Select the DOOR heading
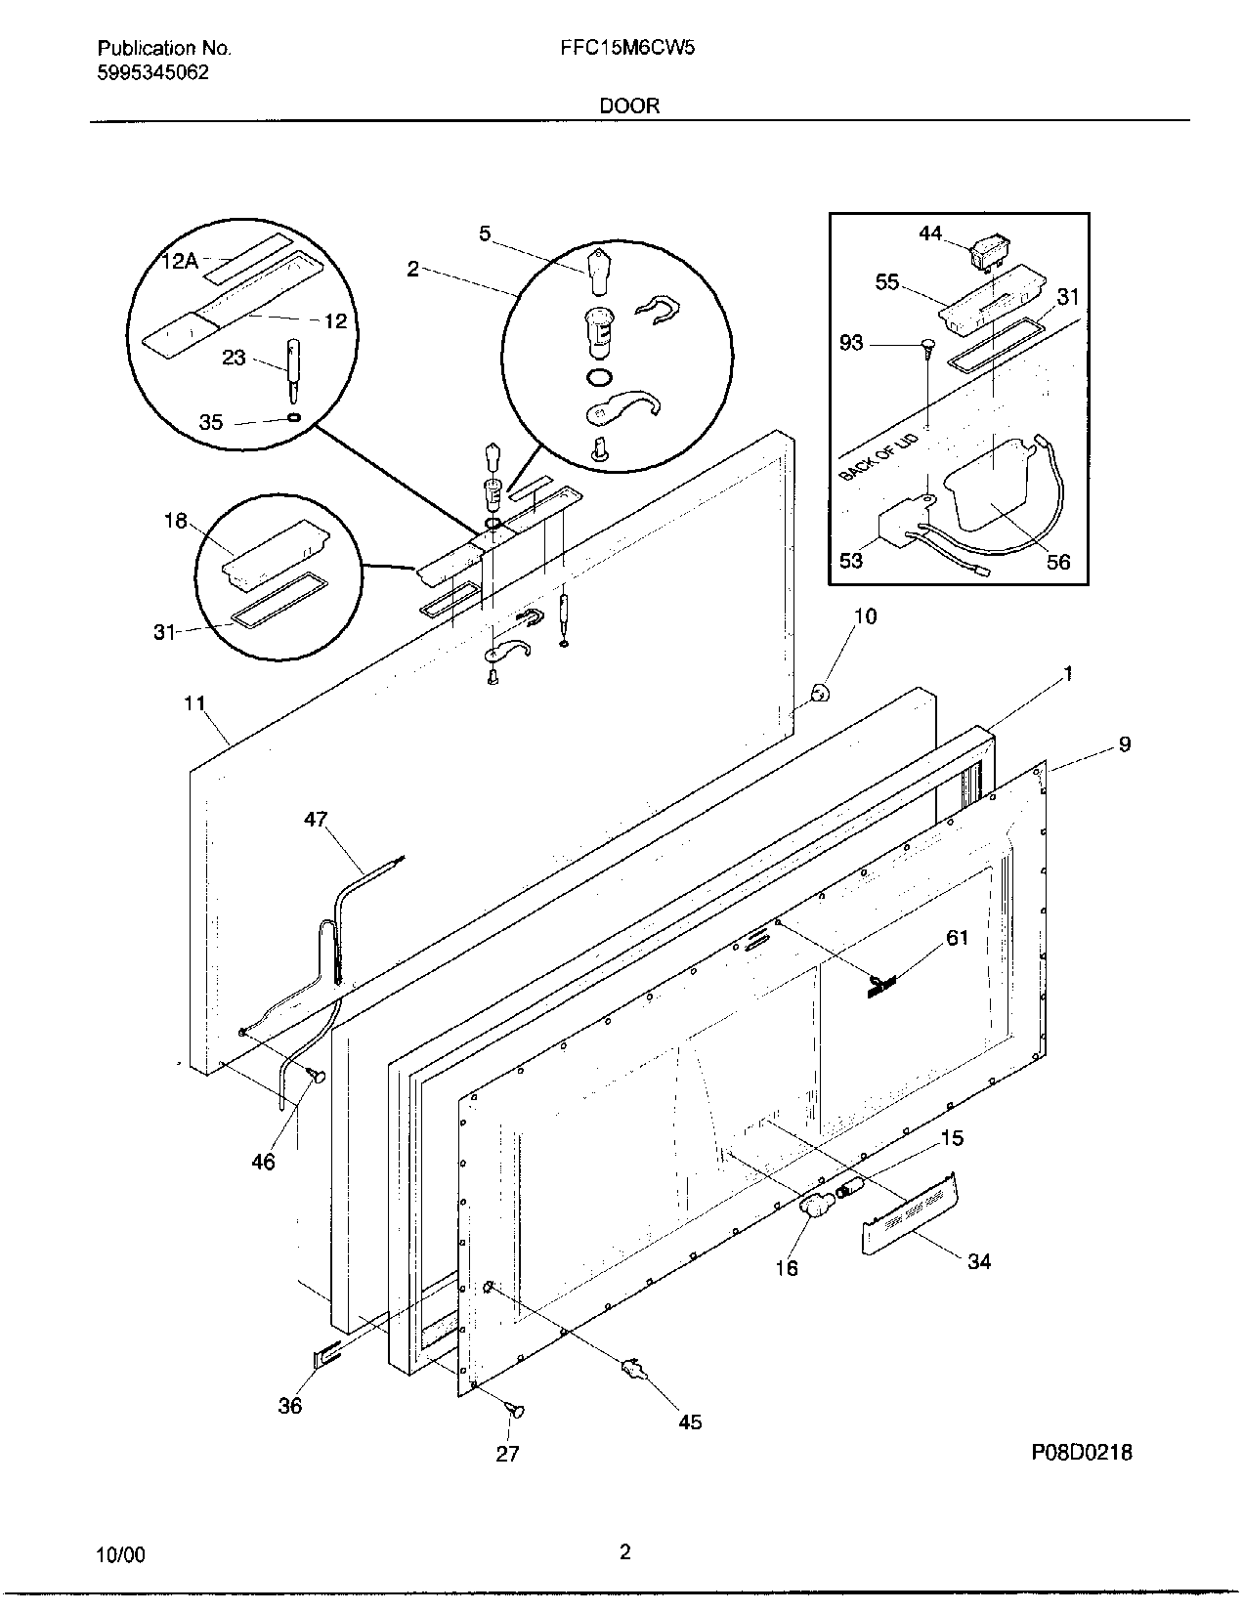[629, 106]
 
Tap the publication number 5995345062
[152, 72]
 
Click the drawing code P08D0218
[1081, 1453]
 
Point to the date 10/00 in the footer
[121, 1554]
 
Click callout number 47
[316, 819]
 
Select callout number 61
[957, 938]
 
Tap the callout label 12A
[180, 260]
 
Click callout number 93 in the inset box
[851, 343]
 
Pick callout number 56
[1058, 561]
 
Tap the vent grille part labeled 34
[908, 1212]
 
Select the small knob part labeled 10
[822, 693]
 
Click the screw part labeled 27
[515, 1410]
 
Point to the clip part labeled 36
[326, 1356]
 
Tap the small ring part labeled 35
[294, 417]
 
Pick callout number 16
[787, 1267]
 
